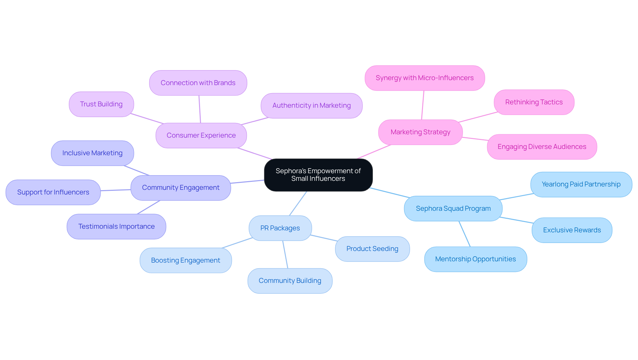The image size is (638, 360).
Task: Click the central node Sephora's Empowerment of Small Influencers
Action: tap(318, 175)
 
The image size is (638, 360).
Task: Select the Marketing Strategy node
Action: tap(420, 132)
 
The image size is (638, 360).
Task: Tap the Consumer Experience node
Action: tap(201, 136)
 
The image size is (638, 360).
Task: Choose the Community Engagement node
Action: tap(180, 188)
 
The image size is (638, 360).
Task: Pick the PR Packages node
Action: tap(280, 228)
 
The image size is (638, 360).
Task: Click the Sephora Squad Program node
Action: tap(453, 209)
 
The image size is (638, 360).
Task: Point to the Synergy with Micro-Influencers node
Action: tap(424, 78)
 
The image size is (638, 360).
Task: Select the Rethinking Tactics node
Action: tap(534, 102)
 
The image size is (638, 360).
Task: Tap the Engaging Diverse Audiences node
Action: tap(542, 147)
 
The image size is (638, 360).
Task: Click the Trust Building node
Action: tap(101, 104)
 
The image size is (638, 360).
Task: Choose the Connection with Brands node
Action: tap(198, 83)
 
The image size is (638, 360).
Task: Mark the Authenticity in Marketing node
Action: tap(311, 106)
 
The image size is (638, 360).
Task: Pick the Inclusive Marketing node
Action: tap(92, 153)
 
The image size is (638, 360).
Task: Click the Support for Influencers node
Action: tap(53, 192)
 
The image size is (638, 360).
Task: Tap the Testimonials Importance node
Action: tap(116, 227)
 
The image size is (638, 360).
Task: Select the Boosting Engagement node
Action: tap(185, 261)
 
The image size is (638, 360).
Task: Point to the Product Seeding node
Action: tap(372, 249)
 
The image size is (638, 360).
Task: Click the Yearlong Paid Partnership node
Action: tap(581, 184)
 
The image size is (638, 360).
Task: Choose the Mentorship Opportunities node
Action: tap(475, 259)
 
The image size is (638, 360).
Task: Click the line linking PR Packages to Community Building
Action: tap(285, 255)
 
